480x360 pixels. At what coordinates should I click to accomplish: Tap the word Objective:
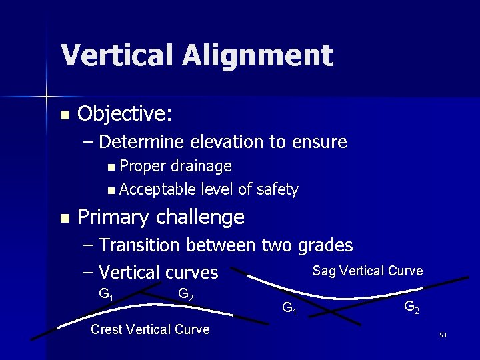[125, 114]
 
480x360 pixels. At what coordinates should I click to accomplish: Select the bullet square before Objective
[64, 115]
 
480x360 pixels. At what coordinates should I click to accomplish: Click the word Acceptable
[157, 190]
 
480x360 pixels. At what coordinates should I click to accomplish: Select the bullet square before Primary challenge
[64, 218]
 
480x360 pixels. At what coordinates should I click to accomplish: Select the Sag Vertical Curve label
[367, 271]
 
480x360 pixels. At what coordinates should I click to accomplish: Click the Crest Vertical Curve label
[150, 329]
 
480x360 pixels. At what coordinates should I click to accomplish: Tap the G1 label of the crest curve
[105, 293]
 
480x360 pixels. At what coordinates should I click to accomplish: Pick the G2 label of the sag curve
[411, 307]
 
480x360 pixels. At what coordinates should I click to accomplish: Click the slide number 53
[443, 335]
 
